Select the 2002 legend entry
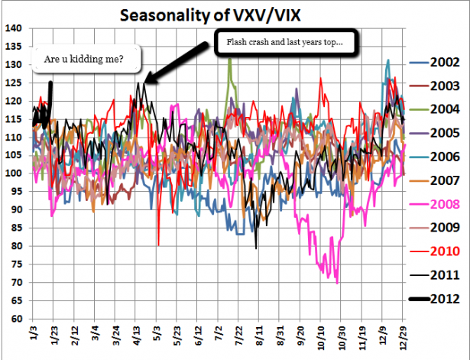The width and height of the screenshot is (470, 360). coord(444,63)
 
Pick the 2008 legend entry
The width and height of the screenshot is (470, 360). coord(444,204)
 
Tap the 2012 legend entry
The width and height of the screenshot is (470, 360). coord(444,299)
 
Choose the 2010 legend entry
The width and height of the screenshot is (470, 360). coord(444,251)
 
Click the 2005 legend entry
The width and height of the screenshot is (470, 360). coord(444,133)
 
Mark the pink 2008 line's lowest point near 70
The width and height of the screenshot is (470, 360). coord(337,284)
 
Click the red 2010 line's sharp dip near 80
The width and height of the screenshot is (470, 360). coord(158,245)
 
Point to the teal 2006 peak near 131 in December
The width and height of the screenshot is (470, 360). coord(388,60)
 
